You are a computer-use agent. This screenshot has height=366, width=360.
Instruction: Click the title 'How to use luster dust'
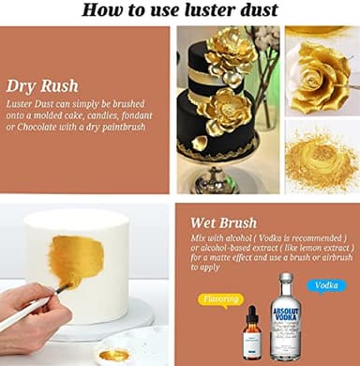coord(179,10)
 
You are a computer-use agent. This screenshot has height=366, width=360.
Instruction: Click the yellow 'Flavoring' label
coord(221,300)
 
